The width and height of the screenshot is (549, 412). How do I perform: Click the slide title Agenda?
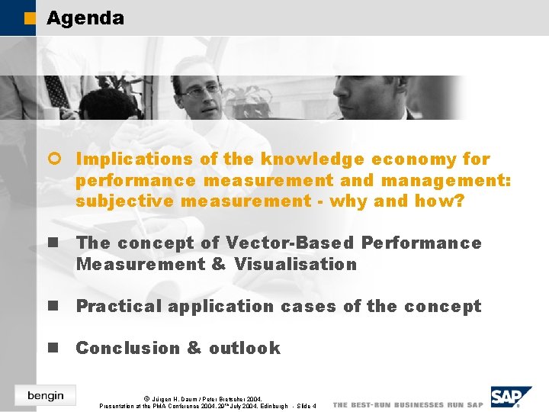pyautogui.click(x=85, y=18)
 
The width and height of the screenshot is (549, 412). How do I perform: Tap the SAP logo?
pyautogui.click(x=509, y=397)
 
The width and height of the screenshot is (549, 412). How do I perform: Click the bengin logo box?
pyautogui.click(x=45, y=394)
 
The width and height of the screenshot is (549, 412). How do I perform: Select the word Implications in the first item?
pyautogui.click(x=124, y=159)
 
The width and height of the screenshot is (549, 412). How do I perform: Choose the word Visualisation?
pyautogui.click(x=295, y=265)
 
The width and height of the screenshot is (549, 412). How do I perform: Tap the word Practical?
pyautogui.click(x=118, y=307)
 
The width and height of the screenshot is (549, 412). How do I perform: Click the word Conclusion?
pyautogui.click(x=127, y=349)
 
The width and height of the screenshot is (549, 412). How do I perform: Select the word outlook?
pyautogui.click(x=245, y=349)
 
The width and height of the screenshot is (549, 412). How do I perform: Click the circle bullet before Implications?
pyautogui.click(x=53, y=159)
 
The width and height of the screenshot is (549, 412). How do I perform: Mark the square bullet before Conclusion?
pyautogui.click(x=53, y=348)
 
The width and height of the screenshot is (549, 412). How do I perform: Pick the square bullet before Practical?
pyautogui.click(x=53, y=306)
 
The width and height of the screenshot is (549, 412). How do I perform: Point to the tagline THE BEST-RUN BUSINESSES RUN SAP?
pyautogui.click(x=408, y=404)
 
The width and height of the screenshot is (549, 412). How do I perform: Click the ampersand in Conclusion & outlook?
pyautogui.click(x=194, y=349)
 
